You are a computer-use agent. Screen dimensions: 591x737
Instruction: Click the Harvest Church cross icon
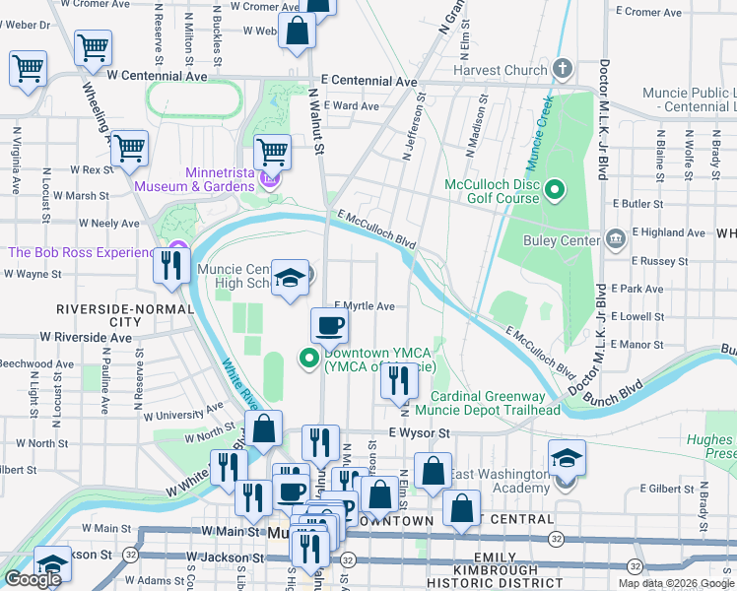click(x=563, y=69)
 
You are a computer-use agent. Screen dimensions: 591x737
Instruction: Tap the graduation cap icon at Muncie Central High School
click(x=291, y=279)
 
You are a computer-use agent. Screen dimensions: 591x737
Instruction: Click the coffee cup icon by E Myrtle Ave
click(x=330, y=326)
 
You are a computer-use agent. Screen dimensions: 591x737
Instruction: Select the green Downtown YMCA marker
click(x=308, y=358)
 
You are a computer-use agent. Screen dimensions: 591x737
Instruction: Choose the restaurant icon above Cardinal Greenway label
click(x=399, y=382)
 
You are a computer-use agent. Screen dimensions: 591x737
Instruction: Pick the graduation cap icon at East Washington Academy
click(x=566, y=458)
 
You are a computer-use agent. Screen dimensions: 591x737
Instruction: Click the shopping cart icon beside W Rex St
click(x=130, y=149)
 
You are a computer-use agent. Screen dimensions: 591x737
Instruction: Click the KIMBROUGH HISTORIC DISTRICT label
click(x=505, y=577)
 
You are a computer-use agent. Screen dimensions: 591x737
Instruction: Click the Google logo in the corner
click(x=33, y=579)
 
